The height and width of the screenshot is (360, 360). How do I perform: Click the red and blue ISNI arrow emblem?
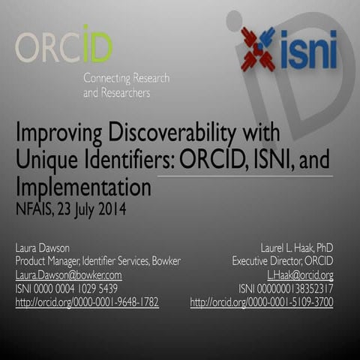(257, 48)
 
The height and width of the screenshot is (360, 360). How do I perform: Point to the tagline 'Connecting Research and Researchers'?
(126, 85)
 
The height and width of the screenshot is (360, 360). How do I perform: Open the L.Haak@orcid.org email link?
(300, 275)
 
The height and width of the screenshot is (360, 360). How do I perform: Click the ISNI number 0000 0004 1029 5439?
(67, 289)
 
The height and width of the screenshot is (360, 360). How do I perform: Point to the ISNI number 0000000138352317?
(285, 289)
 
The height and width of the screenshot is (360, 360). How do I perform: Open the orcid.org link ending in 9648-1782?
(87, 302)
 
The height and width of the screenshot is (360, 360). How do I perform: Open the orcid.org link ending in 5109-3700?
(262, 302)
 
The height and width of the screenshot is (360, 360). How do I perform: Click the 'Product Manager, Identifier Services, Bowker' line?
(98, 261)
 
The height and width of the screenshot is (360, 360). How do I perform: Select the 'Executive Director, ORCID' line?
(283, 261)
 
